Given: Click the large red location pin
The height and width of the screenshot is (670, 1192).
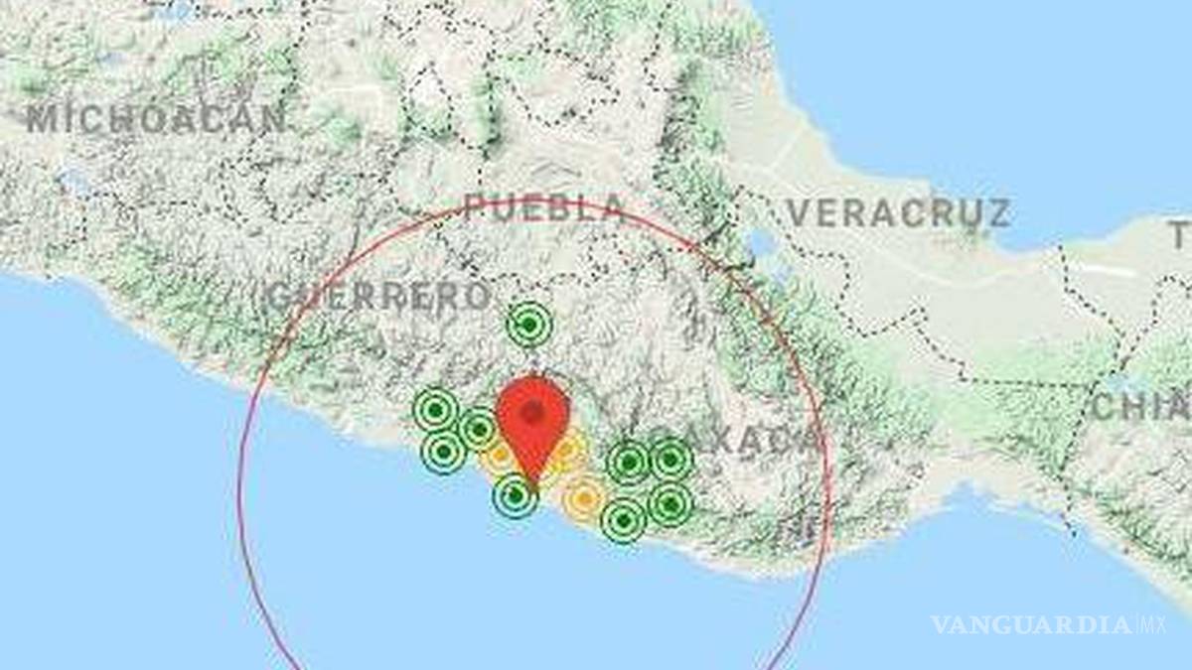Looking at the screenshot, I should (533, 422).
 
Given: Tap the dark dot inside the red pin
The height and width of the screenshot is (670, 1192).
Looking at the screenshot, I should (533, 411).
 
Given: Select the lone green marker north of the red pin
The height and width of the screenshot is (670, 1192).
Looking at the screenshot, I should (528, 324).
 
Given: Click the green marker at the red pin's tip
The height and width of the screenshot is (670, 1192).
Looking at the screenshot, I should (515, 495).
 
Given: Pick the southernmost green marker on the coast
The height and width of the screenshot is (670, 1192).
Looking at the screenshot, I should (623, 520).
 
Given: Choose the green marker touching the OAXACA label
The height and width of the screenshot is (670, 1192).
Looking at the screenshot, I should (670, 460).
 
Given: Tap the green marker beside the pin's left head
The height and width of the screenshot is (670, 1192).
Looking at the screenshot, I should (478, 429).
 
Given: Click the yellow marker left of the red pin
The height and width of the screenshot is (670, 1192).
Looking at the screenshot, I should (497, 457).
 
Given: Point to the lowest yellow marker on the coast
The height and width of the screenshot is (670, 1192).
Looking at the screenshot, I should (583, 497).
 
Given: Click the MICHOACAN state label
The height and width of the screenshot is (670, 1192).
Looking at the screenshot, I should (156, 119).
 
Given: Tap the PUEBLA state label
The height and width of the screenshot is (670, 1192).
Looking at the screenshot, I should (544, 208).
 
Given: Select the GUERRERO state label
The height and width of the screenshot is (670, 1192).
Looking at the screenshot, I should (378, 295).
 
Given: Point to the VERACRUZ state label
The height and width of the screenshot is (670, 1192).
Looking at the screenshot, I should (898, 212).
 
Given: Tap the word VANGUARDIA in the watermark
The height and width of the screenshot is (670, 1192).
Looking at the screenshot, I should (1030, 625).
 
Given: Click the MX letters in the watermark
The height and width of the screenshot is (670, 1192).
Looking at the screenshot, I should (1155, 625).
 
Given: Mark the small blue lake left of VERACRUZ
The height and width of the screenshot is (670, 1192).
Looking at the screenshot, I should (761, 242).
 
